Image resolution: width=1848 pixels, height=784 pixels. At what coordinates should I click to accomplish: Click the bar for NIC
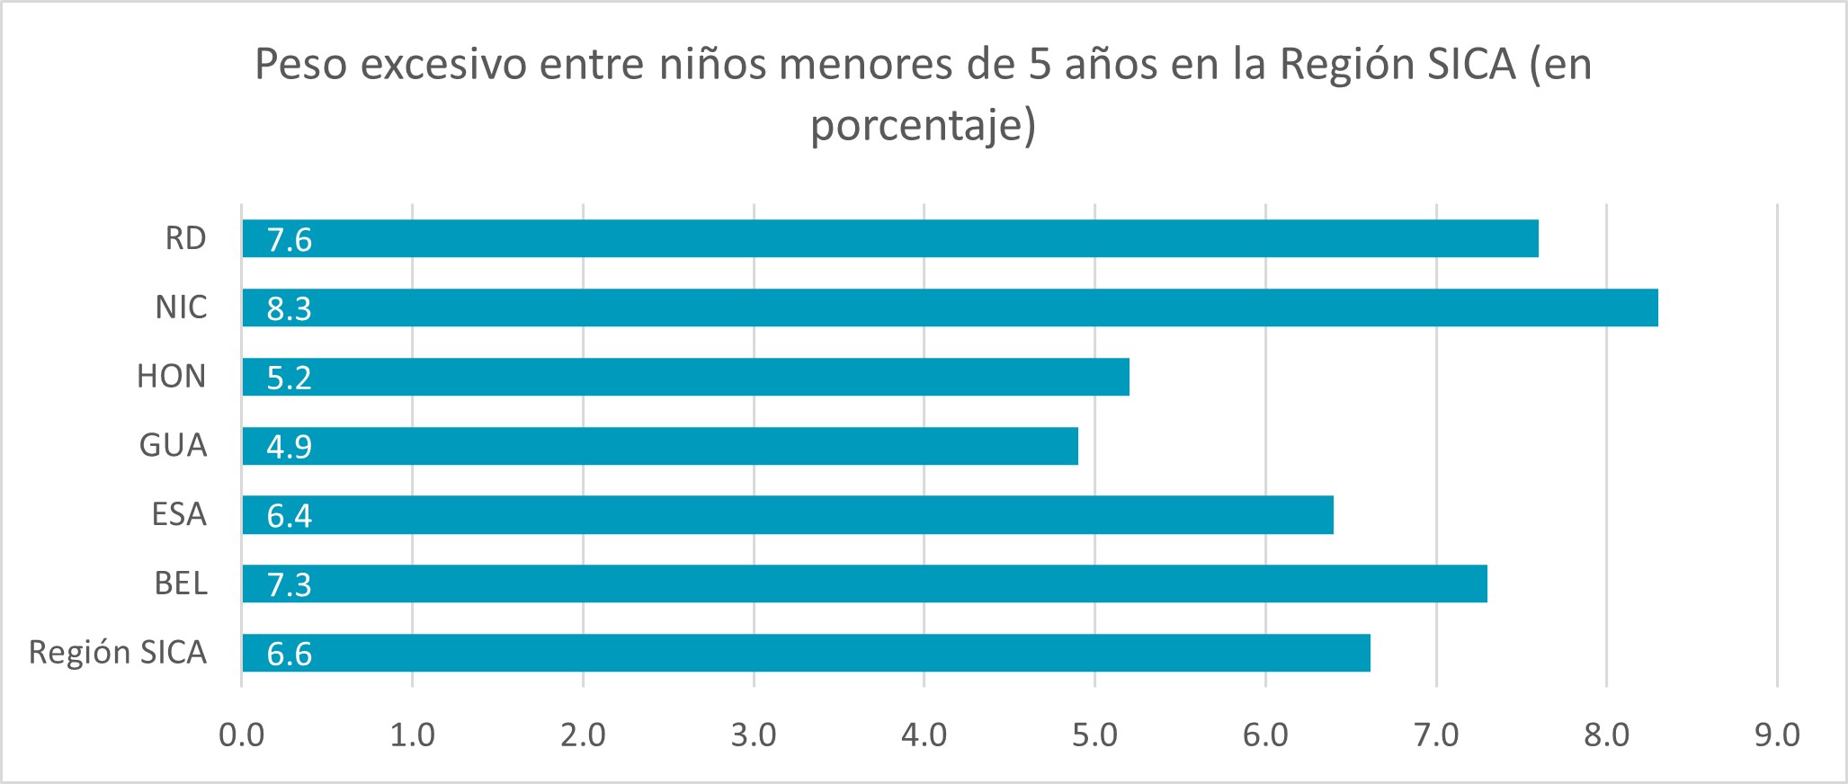950,307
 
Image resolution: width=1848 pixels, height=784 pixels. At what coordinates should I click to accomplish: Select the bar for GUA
660,446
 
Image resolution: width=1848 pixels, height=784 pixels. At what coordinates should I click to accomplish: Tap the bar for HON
685,377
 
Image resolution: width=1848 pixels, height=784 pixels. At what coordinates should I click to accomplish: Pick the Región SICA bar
806,653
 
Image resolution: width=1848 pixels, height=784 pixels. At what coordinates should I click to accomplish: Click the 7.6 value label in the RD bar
290,240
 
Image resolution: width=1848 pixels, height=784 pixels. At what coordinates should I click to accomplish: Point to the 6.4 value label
290,516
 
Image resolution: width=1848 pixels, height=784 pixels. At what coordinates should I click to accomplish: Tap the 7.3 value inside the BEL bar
290,585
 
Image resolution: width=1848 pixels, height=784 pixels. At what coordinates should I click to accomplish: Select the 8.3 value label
290,309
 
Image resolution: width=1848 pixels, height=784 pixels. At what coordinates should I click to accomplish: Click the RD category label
186,238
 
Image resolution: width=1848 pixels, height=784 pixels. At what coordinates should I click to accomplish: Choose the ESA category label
179,514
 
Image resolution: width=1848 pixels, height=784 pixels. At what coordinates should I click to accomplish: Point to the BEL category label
181,584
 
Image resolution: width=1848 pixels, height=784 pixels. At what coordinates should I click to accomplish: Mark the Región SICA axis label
118,653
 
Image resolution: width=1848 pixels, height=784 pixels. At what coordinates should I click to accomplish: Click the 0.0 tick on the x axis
242,735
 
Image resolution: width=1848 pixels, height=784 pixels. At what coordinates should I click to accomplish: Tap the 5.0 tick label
1095,735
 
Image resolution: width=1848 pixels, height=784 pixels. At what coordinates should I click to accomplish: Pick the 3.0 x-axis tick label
754,735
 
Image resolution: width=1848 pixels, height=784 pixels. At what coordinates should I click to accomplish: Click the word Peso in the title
300,65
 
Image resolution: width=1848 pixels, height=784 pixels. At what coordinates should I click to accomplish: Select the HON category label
172,376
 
